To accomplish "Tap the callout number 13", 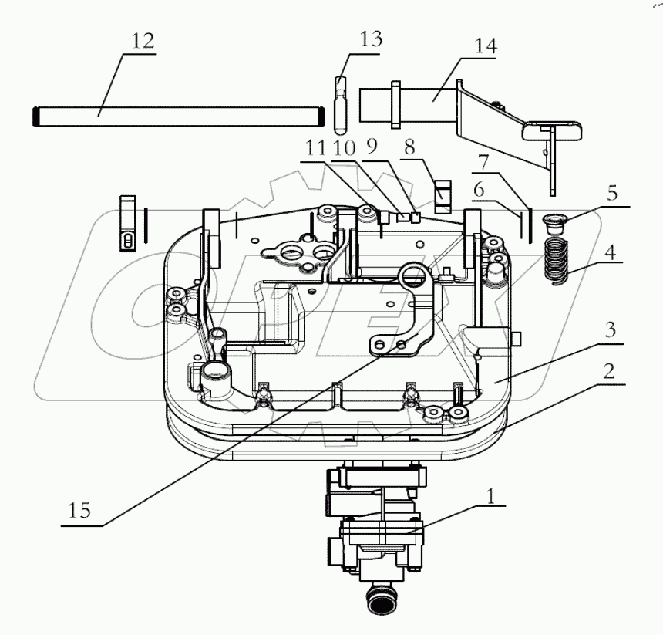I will tap(371, 39).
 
